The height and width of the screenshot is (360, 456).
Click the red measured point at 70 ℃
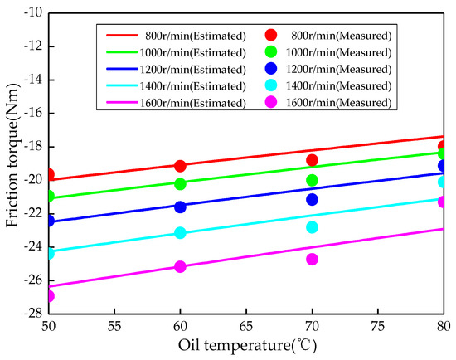pyautogui.click(x=312, y=160)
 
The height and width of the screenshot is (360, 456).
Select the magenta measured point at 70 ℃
pyautogui.click(x=312, y=259)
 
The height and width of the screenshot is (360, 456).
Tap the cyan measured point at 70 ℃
pyautogui.click(x=312, y=227)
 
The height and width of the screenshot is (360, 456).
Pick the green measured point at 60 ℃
pyautogui.click(x=180, y=183)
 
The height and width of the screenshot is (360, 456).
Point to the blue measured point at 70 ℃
pyautogui.click(x=312, y=199)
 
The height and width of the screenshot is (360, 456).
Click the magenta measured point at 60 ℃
pyautogui.click(x=180, y=266)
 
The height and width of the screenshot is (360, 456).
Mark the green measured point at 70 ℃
pyautogui.click(x=312, y=180)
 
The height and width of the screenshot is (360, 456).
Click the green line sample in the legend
pyautogui.click(x=126, y=52)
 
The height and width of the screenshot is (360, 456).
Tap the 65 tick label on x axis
pyautogui.click(x=246, y=327)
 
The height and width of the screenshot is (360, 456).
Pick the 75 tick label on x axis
pyautogui.click(x=378, y=327)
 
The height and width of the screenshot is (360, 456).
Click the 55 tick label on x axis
pyautogui.click(x=114, y=327)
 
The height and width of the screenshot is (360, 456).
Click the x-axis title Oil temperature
pyautogui.click(x=246, y=346)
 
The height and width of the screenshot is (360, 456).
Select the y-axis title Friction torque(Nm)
pyautogui.click(x=11, y=163)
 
